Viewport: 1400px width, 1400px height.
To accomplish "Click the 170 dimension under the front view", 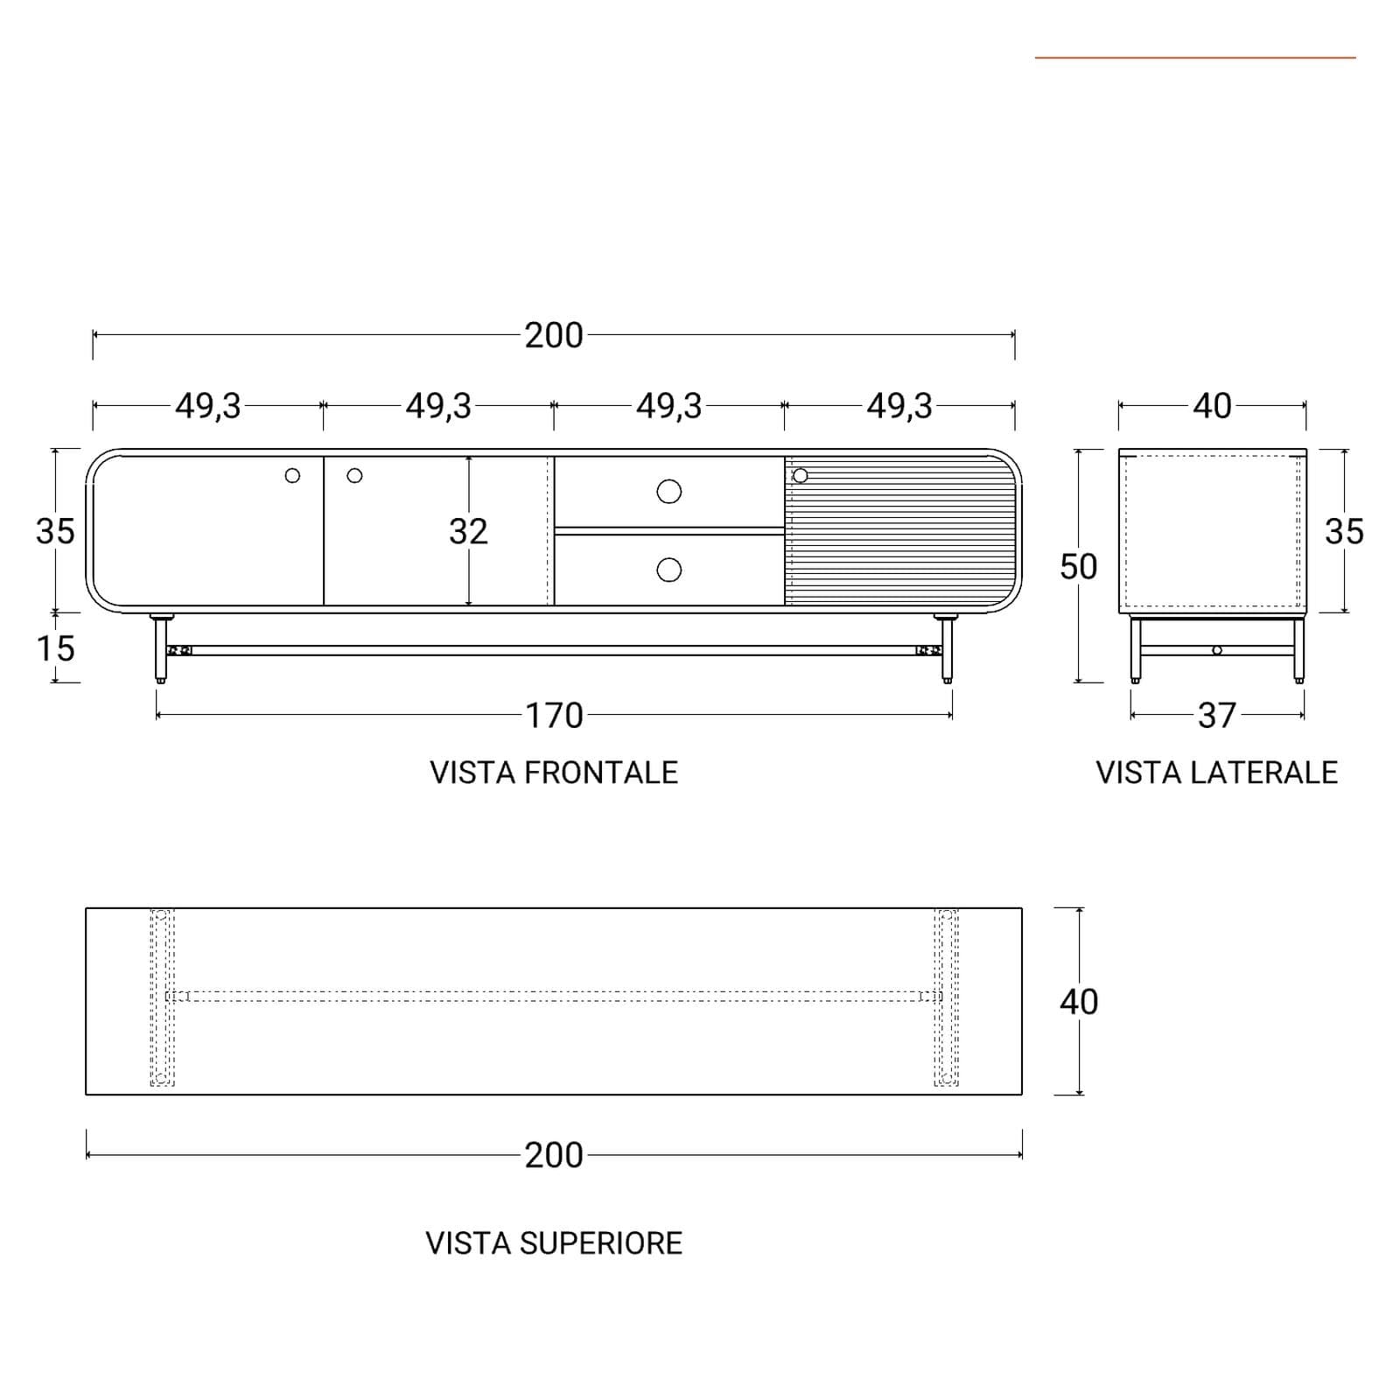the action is (554, 716).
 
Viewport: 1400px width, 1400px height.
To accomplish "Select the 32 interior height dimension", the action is (468, 531).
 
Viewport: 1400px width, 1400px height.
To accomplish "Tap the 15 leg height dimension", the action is (55, 648).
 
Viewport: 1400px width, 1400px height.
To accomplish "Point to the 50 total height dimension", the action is (1078, 567).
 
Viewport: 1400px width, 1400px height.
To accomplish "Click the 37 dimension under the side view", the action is (1216, 716).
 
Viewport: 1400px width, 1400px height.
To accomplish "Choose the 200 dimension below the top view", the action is (554, 1155).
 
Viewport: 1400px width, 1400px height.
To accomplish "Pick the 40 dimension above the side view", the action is (1212, 406).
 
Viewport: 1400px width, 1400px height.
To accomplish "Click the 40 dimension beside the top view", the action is (1078, 1002).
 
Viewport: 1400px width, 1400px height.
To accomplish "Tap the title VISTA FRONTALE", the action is (554, 773).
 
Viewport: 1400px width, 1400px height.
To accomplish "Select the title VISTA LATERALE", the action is (1216, 773).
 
